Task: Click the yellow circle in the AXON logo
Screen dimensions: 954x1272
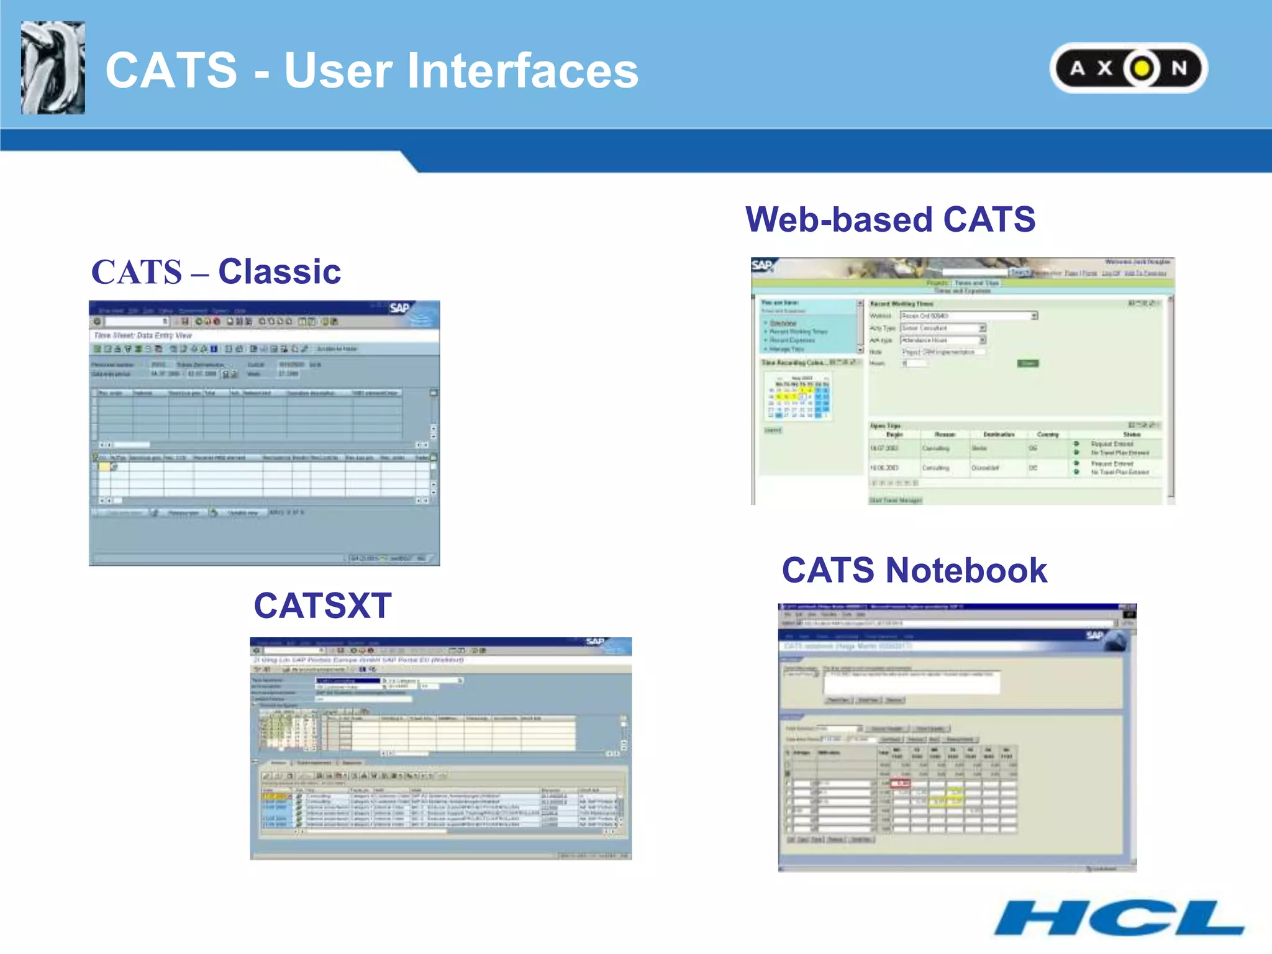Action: tap(1142, 68)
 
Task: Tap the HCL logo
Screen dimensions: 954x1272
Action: tap(1119, 918)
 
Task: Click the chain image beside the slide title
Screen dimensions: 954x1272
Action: tap(53, 68)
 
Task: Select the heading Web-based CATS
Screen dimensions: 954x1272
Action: tap(890, 219)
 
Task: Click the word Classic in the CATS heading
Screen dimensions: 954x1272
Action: tap(279, 271)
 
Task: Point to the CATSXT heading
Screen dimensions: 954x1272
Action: tap(322, 606)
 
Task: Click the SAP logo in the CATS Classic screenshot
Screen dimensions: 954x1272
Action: tap(399, 308)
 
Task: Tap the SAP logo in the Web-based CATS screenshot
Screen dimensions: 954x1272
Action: tap(761, 266)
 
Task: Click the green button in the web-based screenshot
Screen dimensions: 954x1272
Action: tap(1028, 363)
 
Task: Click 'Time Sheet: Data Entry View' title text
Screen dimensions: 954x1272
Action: tap(143, 335)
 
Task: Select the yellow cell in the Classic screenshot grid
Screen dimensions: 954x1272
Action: tap(104, 466)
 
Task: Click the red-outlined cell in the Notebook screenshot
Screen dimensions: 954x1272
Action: tap(901, 783)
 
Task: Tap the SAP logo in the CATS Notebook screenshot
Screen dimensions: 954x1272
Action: tap(1094, 635)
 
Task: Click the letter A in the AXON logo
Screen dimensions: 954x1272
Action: tap(1078, 68)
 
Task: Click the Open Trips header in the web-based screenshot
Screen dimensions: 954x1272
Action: tap(886, 425)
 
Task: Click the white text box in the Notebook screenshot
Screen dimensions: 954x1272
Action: tap(911, 682)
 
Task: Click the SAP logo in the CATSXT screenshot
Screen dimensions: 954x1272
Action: tap(595, 642)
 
